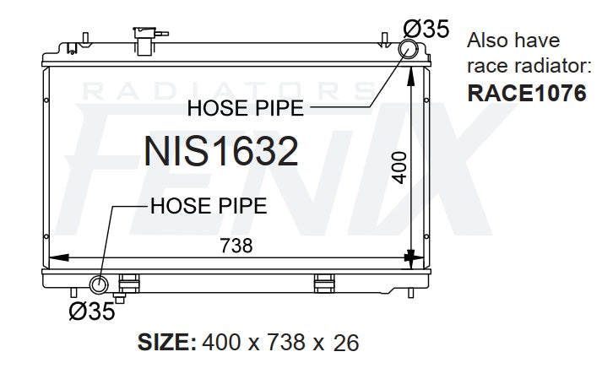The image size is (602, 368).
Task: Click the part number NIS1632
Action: click(221, 151)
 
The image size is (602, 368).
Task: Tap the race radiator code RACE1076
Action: click(527, 93)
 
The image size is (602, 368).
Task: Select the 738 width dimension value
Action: click(236, 246)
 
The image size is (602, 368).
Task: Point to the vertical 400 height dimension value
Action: click(399, 168)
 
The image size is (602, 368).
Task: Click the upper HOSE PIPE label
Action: click(246, 108)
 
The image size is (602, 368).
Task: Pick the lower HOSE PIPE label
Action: click(209, 206)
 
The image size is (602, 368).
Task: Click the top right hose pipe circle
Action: click(408, 49)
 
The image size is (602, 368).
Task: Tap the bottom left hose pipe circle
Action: click(99, 284)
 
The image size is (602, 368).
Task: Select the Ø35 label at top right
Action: click(426, 29)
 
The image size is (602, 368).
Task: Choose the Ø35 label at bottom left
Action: click(92, 311)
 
